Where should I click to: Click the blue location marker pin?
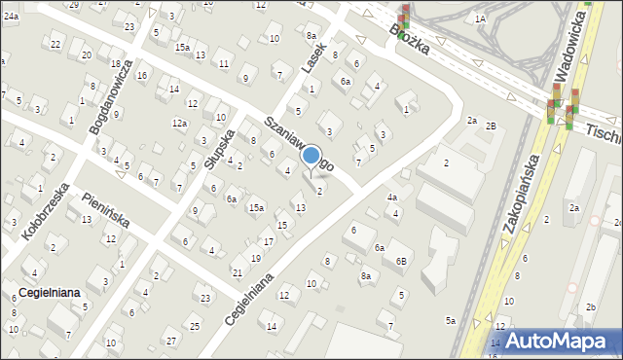(x=311, y=156)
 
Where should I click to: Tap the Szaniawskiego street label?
(x=299, y=143)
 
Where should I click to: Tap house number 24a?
(x=10, y=17)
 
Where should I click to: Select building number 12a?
(x=179, y=123)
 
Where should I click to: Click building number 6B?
(x=401, y=262)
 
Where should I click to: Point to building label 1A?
(x=480, y=18)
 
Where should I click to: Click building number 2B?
(x=492, y=126)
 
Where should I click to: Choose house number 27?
(x=170, y=341)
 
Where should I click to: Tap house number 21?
(x=237, y=271)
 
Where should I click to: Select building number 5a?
(x=450, y=320)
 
